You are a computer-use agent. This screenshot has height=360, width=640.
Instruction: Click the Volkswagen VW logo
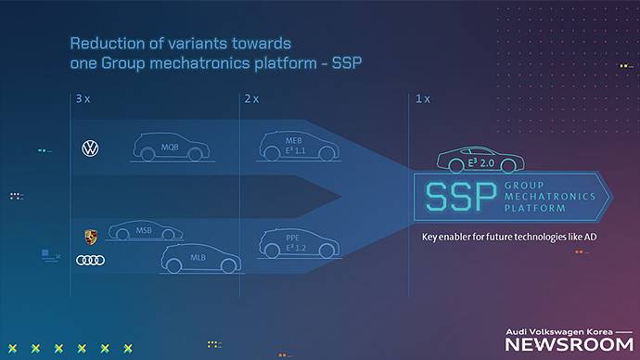click(x=90, y=148)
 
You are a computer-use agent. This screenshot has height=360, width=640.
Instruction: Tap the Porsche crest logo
click(x=91, y=238)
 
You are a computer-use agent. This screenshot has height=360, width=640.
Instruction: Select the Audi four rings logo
click(x=91, y=260)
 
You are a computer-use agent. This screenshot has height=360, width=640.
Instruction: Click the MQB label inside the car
click(x=170, y=148)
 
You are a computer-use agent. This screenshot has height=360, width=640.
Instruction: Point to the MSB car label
click(x=144, y=231)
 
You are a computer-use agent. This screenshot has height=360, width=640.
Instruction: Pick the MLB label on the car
click(x=198, y=258)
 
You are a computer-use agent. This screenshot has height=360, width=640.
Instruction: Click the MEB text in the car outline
click(x=294, y=141)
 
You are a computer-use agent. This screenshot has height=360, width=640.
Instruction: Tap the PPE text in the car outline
click(x=293, y=238)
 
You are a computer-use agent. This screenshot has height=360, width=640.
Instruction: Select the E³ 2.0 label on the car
click(x=480, y=163)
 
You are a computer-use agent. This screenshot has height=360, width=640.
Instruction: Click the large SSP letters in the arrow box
click(x=461, y=197)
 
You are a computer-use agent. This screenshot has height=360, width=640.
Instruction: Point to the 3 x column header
click(x=83, y=98)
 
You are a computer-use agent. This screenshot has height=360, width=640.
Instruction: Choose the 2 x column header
click(x=251, y=98)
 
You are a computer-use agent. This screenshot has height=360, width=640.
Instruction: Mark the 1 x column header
click(x=422, y=98)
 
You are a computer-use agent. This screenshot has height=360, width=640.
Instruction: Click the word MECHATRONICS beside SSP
click(x=550, y=197)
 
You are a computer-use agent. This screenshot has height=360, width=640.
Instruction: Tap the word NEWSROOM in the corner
click(x=570, y=345)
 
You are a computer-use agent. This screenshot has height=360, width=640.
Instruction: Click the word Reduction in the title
click(x=108, y=44)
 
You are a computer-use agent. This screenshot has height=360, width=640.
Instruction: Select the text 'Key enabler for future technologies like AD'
click(x=509, y=238)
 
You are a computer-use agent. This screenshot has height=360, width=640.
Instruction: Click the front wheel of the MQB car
click(x=195, y=154)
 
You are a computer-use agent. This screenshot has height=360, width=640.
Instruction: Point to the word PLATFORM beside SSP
click(x=535, y=208)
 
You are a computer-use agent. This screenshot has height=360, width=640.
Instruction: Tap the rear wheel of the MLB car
click(x=173, y=266)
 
